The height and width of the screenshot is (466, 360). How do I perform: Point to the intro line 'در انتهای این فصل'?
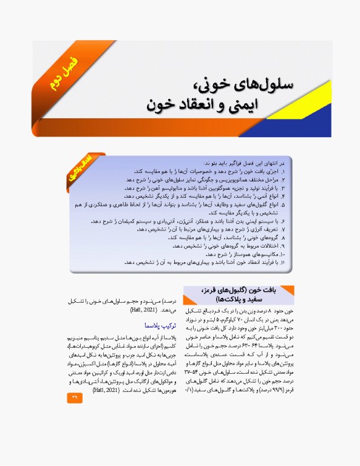coord(254,164)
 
